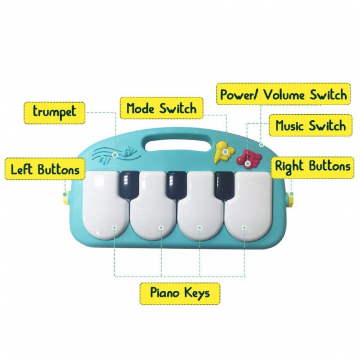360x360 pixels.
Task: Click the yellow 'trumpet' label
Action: point(55,113)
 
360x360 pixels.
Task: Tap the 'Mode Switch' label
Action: point(162,108)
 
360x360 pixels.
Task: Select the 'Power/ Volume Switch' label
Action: point(284,94)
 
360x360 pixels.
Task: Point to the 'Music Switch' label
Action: point(310,126)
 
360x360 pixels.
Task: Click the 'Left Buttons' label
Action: point(45,169)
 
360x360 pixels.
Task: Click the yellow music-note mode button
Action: point(224,152)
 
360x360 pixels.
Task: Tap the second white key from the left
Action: point(153,206)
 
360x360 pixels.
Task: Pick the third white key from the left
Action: point(201,206)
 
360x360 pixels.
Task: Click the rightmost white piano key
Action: point(248,206)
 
